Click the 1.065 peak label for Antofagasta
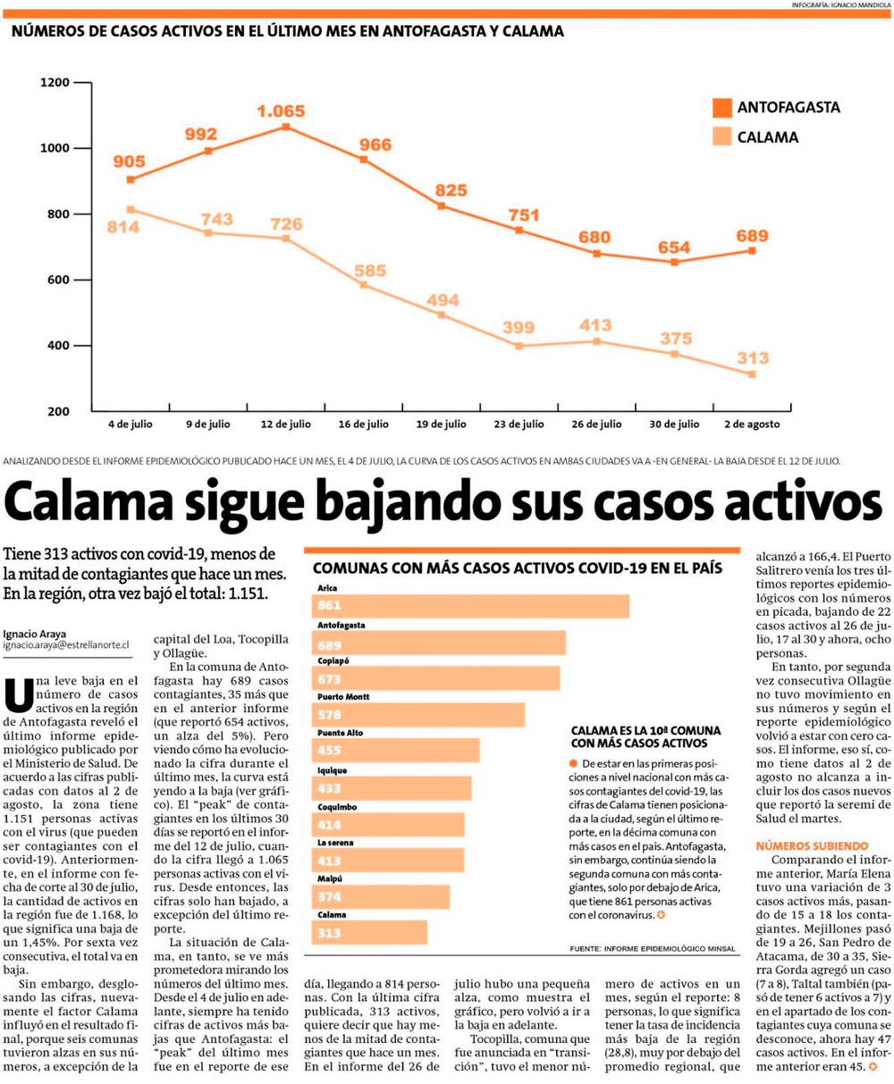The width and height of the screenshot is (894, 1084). [x=281, y=112]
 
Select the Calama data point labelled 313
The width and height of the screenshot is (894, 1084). [x=752, y=374]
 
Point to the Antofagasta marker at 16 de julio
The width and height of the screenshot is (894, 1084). [x=364, y=160]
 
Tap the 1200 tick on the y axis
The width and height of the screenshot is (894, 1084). [x=55, y=82]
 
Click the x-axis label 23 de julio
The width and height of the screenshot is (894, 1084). [x=519, y=424]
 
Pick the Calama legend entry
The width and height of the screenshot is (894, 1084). [x=767, y=138]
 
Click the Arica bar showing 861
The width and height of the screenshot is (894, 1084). [x=472, y=606]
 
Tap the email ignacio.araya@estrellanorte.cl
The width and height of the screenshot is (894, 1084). [x=66, y=644]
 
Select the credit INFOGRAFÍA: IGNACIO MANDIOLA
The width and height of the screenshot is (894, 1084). [x=840, y=4]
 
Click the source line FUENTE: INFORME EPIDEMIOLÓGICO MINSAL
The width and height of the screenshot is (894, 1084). [x=652, y=947]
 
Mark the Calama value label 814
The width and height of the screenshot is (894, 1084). [x=122, y=227]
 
